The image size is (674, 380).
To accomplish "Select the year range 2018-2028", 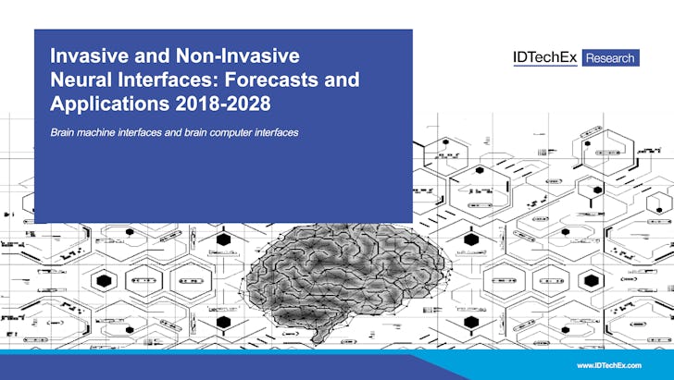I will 221,103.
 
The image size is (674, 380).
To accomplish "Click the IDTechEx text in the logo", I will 545,57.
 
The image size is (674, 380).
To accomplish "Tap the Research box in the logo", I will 611,57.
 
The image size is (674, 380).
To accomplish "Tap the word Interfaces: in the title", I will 173,80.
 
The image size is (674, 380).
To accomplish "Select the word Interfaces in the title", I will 173,80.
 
